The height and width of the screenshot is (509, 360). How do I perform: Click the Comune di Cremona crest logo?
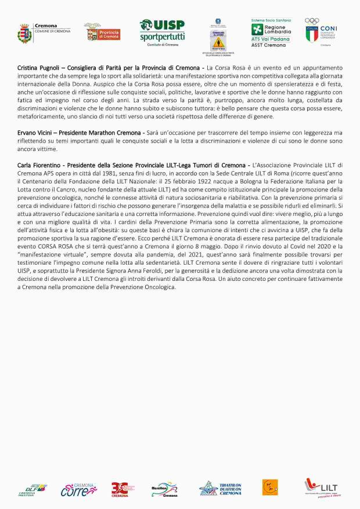click(x=24, y=33)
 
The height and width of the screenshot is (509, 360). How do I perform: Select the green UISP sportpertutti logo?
click(x=162, y=32)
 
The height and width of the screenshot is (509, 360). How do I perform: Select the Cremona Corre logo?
click(x=78, y=488)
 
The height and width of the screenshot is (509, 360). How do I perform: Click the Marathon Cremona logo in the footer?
click(x=164, y=489)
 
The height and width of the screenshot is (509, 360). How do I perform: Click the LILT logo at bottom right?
click(x=321, y=488)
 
